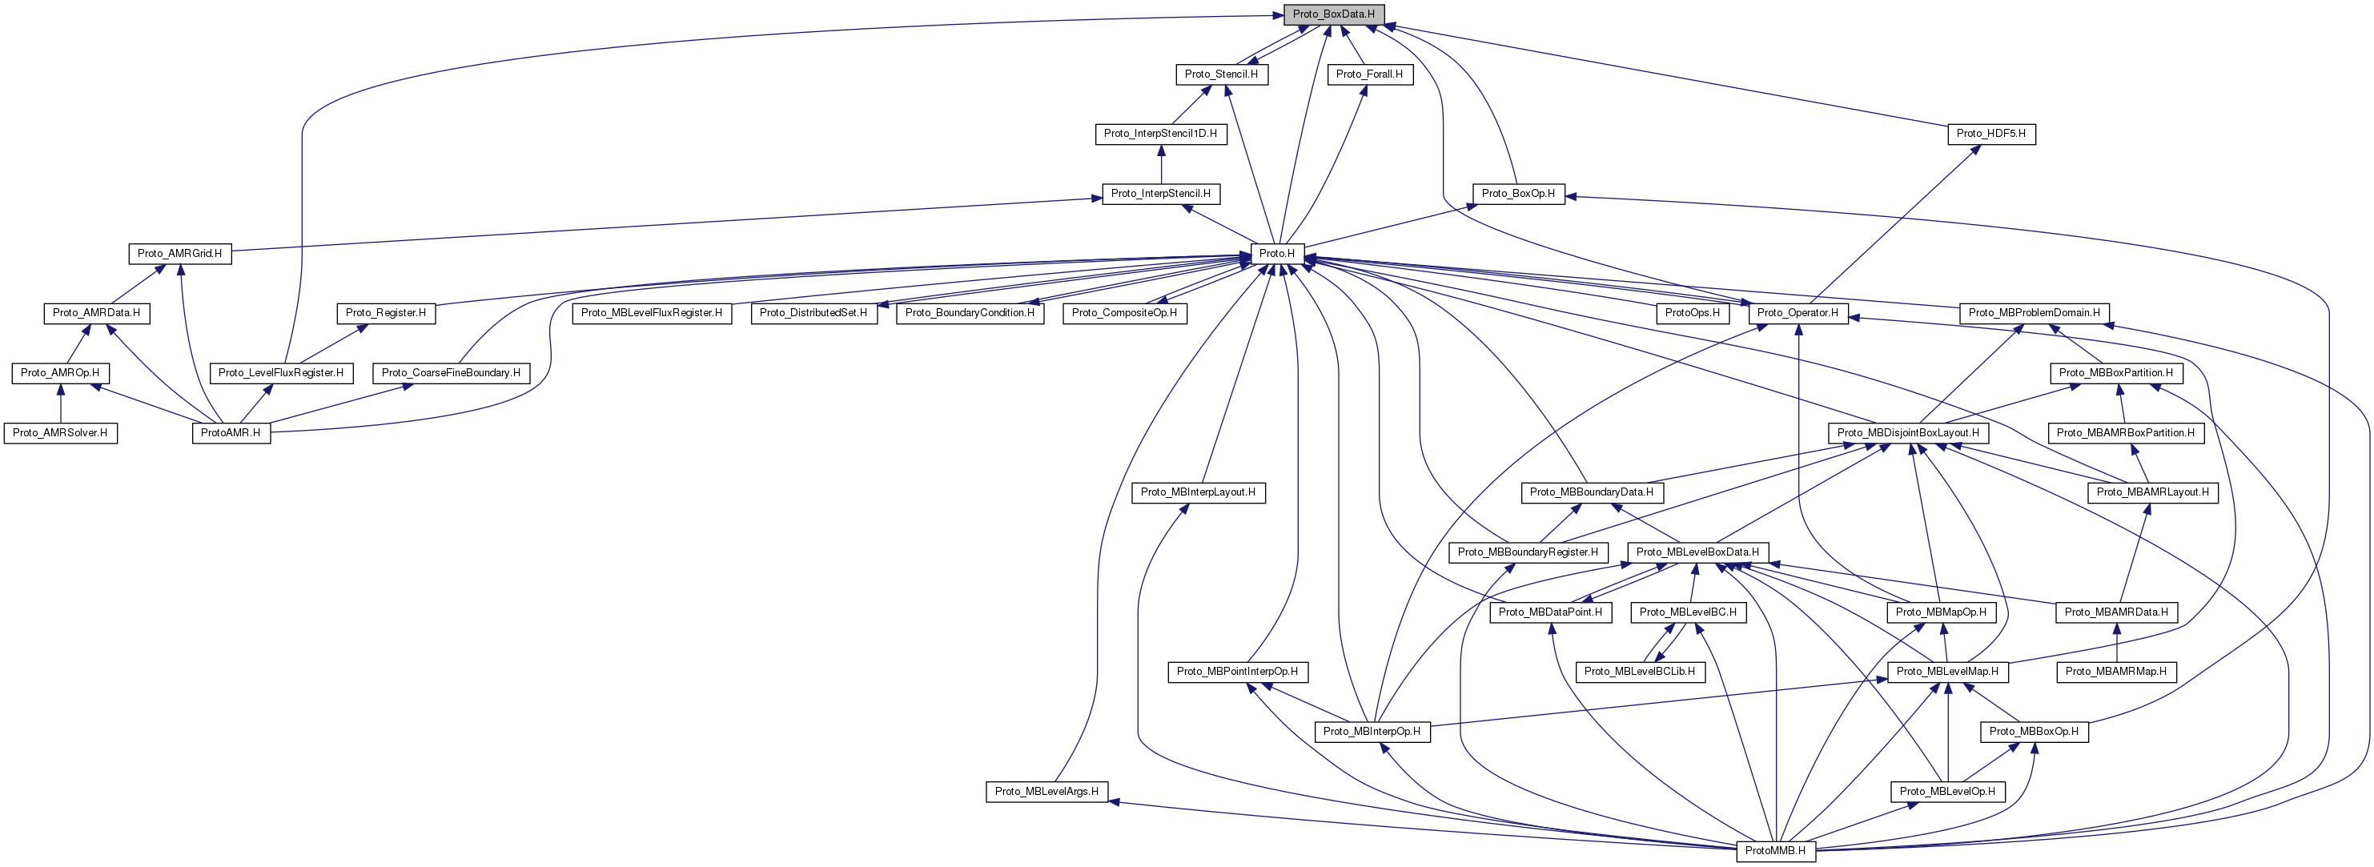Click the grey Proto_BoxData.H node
[x=1332, y=14]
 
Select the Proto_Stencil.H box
[x=1221, y=74]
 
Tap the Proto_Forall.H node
[x=1369, y=74]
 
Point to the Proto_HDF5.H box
[x=1990, y=134]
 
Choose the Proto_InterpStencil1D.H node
[x=1160, y=134]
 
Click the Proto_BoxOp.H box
[x=1518, y=194]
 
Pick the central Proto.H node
[x=1276, y=253]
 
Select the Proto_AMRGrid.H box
[x=179, y=253]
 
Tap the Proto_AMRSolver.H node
[x=60, y=433]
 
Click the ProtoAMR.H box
[x=231, y=433]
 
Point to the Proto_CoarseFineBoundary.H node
[x=451, y=373]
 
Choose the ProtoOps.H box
[x=1692, y=313]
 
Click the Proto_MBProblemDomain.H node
[x=2034, y=313]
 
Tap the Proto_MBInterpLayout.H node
[x=1198, y=492]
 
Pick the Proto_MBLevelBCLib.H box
[x=1640, y=672]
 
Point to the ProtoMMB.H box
[x=1775, y=850]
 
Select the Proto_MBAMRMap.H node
[x=2116, y=672]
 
